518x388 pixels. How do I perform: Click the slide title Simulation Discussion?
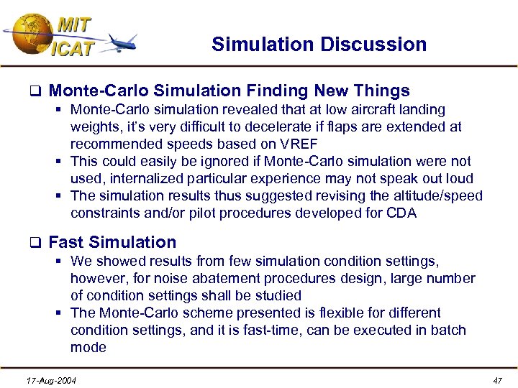pyautogui.click(x=319, y=45)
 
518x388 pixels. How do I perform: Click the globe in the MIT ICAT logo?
pyautogui.click(x=30, y=32)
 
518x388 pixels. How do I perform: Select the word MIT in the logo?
pyautogui.click(x=74, y=24)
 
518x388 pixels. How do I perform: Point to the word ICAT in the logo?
pyautogui.click(x=73, y=49)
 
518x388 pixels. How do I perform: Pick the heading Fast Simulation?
pyautogui.click(x=112, y=242)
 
